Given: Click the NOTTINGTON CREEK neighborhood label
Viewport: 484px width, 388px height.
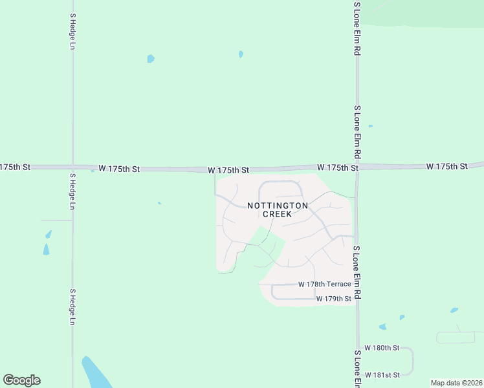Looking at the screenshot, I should pos(277,209).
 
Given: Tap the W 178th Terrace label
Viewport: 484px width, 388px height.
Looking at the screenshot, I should pos(325,285).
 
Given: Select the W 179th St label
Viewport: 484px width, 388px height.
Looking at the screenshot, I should pos(334,299).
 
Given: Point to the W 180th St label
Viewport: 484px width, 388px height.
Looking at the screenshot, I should pos(382,348).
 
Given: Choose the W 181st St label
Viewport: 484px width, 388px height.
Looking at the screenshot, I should pos(382,374).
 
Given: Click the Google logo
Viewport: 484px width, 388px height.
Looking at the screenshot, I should pos(21,380).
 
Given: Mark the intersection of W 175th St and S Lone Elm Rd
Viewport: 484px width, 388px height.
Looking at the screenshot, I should pos(357,167).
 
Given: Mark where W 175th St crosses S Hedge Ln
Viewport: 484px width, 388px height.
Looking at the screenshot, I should pos(72,167).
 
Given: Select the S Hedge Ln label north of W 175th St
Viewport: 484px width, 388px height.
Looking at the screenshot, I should pos(72,32).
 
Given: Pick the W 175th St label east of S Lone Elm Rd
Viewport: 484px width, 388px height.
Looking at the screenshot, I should pos(447,166).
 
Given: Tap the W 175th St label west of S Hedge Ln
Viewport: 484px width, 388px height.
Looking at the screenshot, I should pos(15,167).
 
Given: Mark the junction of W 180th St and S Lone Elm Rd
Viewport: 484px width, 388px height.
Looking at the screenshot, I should pos(357,348).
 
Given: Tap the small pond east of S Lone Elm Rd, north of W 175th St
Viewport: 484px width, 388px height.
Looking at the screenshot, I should pos(370,126).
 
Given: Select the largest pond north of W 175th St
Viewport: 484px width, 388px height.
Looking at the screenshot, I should pos(151,59).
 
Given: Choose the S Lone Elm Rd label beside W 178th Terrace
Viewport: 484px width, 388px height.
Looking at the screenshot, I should pos(357,272).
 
